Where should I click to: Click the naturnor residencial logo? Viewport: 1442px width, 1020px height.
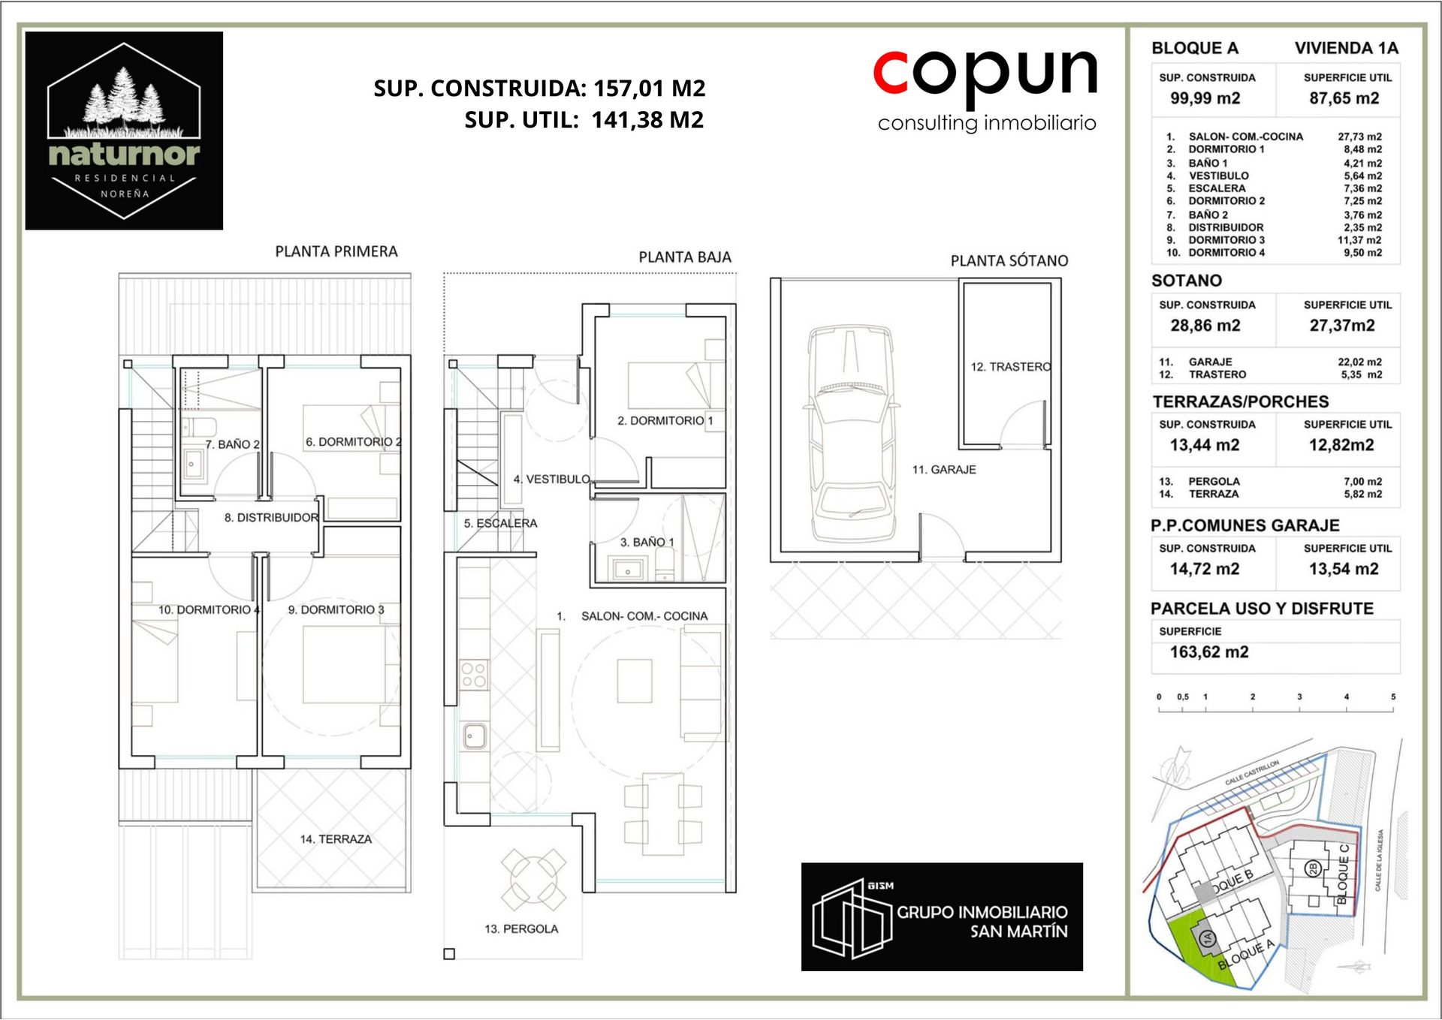[x=124, y=131]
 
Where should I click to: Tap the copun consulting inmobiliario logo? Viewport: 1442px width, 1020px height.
[x=985, y=89]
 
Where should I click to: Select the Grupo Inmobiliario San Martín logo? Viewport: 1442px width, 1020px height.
[x=942, y=916]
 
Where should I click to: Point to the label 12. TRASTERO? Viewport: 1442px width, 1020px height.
[x=1011, y=367]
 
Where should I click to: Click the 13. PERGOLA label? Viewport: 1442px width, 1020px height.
[x=521, y=929]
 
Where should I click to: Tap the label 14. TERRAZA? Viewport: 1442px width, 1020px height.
[x=336, y=839]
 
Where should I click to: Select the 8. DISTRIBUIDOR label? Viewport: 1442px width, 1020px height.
[x=271, y=518]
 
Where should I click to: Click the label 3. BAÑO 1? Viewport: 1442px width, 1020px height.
[x=647, y=542]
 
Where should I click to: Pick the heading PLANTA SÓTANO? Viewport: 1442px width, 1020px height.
[x=1009, y=260]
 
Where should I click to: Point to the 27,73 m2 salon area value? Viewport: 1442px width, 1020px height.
[x=1359, y=137]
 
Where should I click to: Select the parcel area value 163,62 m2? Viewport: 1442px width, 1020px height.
[x=1209, y=651]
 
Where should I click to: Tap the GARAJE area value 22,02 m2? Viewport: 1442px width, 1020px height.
[x=1359, y=362]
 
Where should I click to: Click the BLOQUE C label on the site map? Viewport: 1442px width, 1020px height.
[x=1344, y=874]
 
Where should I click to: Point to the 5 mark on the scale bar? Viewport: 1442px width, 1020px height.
[x=1393, y=697]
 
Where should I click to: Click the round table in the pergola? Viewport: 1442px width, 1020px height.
[x=533, y=878]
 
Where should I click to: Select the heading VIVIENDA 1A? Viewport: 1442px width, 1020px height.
[x=1347, y=48]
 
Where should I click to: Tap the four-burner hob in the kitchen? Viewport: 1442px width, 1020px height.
[x=474, y=674]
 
